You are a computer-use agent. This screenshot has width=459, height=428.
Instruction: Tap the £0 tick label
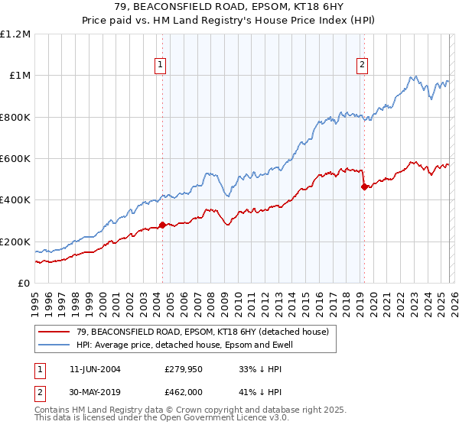pyautogui.click(x=24, y=284)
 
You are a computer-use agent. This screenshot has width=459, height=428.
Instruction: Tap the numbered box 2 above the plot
pyautogui.click(x=361, y=66)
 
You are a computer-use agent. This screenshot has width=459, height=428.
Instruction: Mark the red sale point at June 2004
pyautogui.click(x=162, y=225)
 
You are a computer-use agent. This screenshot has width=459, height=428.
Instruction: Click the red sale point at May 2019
pyautogui.click(x=364, y=186)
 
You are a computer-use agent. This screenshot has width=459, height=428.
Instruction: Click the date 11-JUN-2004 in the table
pyautogui.click(x=95, y=369)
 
